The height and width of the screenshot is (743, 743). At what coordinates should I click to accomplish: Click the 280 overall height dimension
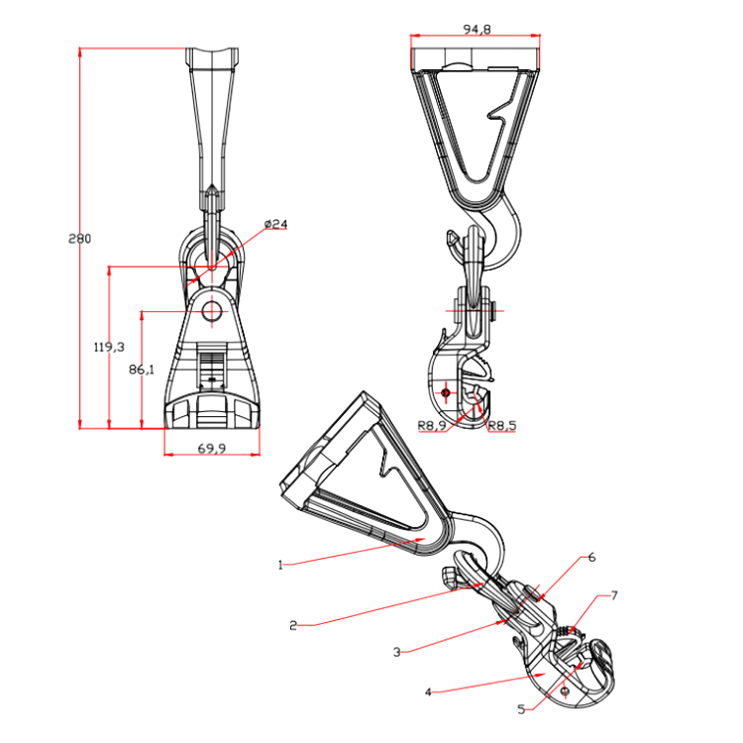[x=79, y=239]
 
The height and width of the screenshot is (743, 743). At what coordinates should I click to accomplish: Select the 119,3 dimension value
[x=109, y=347]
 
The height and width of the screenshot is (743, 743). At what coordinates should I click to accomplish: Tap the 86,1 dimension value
[x=142, y=370]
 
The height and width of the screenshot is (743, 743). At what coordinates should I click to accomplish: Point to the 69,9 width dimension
[x=212, y=448]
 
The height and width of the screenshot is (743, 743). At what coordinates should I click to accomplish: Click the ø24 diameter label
[x=275, y=224]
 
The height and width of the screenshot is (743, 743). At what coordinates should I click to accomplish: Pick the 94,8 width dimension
[x=477, y=30]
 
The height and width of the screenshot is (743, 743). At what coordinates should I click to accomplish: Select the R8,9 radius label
[x=432, y=426]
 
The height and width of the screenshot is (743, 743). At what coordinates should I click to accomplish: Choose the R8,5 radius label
[x=502, y=426]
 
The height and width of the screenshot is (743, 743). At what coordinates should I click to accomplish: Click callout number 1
[x=280, y=565]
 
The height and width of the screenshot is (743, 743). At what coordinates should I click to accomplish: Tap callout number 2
[x=293, y=625]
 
